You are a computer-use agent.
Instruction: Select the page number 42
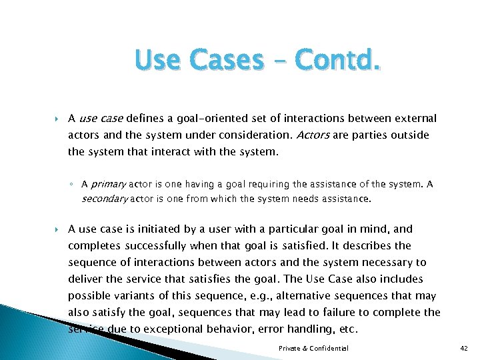tap(465, 348)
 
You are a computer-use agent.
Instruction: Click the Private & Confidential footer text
tap(314, 348)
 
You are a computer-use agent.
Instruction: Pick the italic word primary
tap(108, 184)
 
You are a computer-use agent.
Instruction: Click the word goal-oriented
tap(210, 119)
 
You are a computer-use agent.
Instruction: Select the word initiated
tap(166, 229)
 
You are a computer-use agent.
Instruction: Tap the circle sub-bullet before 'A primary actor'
tap(74, 185)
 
